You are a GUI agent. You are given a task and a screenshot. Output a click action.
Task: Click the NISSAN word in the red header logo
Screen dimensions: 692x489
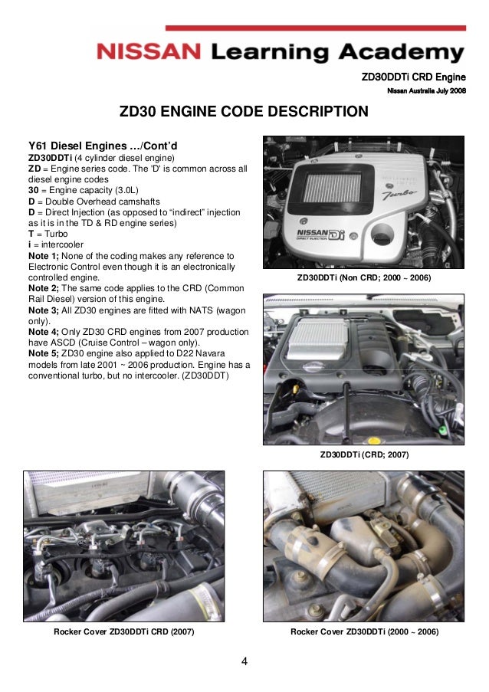click(149, 52)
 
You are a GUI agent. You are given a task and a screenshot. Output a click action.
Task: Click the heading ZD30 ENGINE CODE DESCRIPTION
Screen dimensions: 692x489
click(244, 113)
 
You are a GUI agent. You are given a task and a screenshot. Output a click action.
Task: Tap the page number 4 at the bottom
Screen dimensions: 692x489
click(244, 661)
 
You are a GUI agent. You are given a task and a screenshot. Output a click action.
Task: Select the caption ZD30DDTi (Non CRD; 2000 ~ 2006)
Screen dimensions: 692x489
click(363, 277)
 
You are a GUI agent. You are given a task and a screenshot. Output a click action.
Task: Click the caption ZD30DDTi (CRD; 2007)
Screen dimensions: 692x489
click(364, 454)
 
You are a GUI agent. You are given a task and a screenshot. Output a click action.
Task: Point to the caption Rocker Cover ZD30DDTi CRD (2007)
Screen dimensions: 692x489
click(123, 631)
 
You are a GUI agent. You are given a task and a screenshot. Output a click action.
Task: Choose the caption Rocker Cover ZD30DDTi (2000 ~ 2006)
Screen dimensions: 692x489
click(364, 631)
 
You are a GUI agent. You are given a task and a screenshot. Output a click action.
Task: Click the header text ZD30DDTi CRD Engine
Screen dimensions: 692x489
click(413, 77)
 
